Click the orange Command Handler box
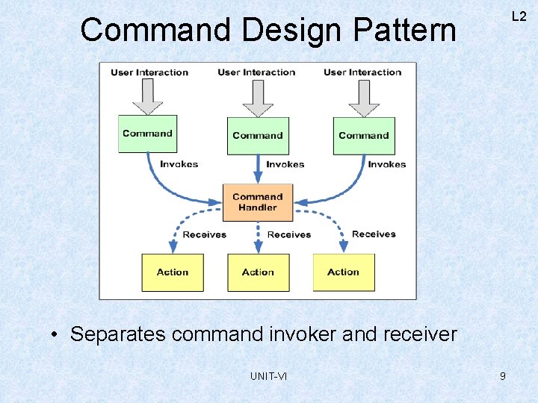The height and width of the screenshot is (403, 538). pyautogui.click(x=258, y=202)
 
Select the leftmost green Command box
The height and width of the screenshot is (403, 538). pyautogui.click(x=147, y=134)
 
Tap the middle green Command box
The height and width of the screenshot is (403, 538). pyautogui.click(x=258, y=136)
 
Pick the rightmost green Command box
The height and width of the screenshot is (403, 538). pyautogui.click(x=364, y=136)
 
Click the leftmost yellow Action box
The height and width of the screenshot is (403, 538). pyautogui.click(x=173, y=272)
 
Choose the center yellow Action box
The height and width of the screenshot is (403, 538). pyautogui.click(x=258, y=272)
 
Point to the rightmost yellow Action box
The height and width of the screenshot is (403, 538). pyautogui.click(x=343, y=272)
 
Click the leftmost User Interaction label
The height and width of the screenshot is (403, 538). pyautogui.click(x=149, y=72)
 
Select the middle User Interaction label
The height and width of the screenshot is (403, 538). pyautogui.click(x=256, y=72)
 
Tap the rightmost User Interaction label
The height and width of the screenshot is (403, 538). pyautogui.click(x=362, y=72)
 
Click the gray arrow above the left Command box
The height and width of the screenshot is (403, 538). pyautogui.click(x=148, y=96)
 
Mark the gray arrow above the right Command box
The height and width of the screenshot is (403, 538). pyautogui.click(x=364, y=98)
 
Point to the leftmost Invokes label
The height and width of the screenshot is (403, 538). pyautogui.click(x=179, y=164)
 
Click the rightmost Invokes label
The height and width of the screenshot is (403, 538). pyautogui.click(x=386, y=164)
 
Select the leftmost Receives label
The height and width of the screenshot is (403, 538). pyautogui.click(x=204, y=234)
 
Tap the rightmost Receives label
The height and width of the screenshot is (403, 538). pyautogui.click(x=374, y=234)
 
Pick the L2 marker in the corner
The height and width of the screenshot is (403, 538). pyautogui.click(x=519, y=16)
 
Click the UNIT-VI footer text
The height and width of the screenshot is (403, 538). pyautogui.click(x=268, y=376)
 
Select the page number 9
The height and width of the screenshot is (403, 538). pyautogui.click(x=502, y=376)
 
